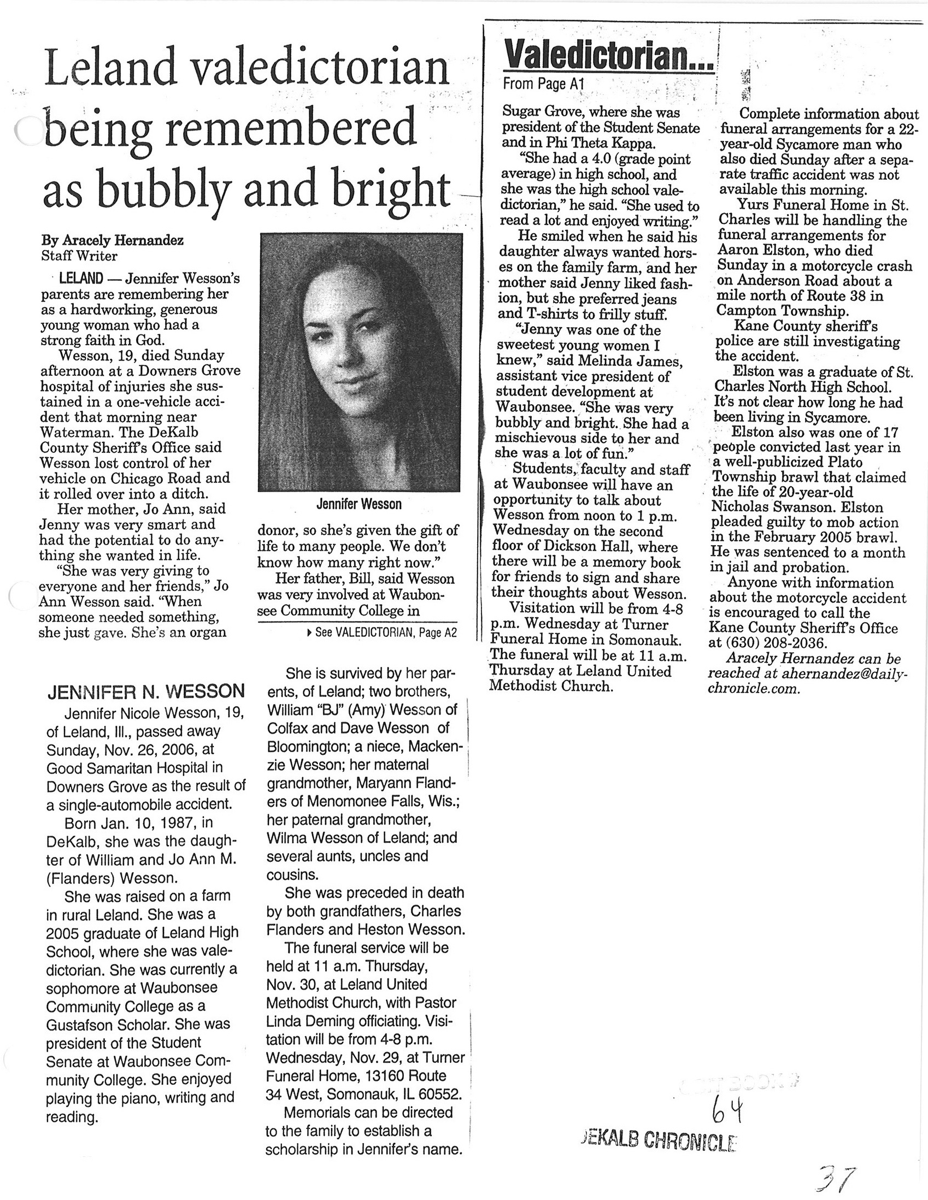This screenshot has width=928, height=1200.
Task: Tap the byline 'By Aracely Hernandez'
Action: coord(113,240)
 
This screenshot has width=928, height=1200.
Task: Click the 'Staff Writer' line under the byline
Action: coord(79,256)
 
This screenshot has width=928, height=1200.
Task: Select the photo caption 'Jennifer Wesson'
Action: coord(359,503)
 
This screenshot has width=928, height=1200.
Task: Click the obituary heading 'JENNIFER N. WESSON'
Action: coord(146,690)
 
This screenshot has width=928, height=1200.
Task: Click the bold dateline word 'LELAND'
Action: coord(80,279)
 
